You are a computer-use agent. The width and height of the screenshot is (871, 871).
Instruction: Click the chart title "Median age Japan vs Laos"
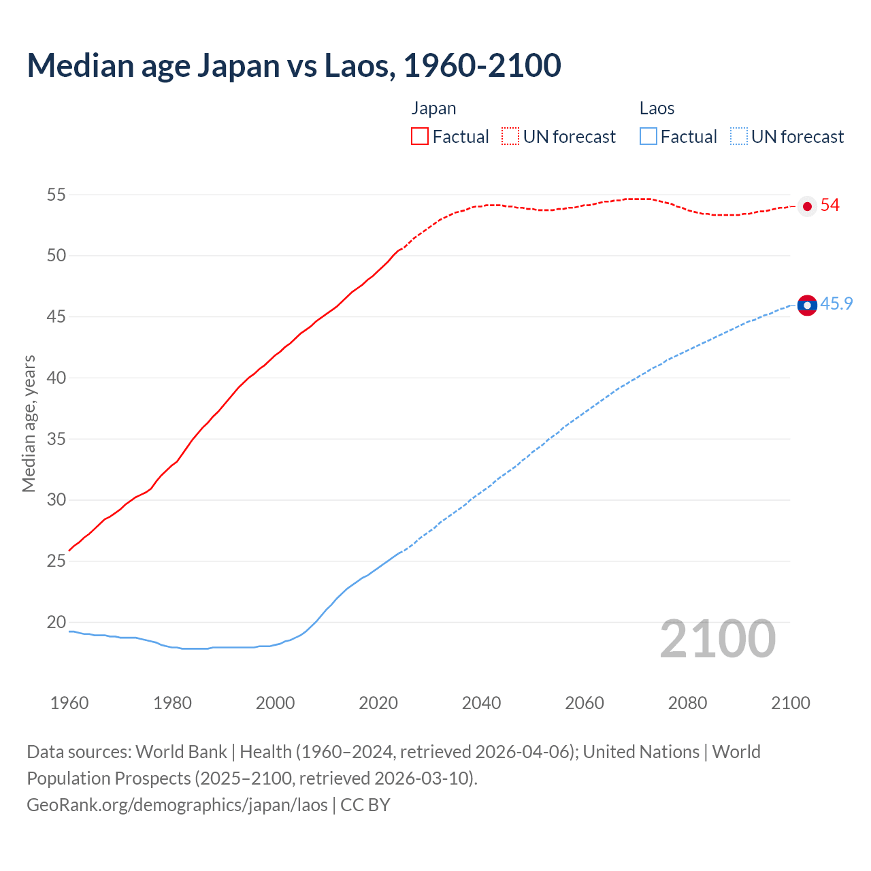click(x=293, y=65)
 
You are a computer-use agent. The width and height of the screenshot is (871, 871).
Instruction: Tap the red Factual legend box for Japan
click(x=420, y=136)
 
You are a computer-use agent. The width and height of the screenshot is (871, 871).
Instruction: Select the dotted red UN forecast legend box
click(x=510, y=136)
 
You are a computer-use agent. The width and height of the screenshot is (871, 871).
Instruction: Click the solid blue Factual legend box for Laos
click(x=648, y=136)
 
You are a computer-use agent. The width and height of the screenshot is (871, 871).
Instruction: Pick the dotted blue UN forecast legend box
click(x=738, y=136)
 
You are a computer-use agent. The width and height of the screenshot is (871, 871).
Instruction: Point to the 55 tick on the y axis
click(x=56, y=195)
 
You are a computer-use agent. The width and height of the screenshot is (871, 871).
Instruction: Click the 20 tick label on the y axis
click(x=56, y=622)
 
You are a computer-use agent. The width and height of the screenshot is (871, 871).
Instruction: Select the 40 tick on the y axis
click(x=56, y=378)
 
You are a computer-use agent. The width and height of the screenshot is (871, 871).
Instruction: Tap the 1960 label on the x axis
click(x=69, y=703)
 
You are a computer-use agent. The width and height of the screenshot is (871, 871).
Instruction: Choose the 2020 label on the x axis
click(x=378, y=703)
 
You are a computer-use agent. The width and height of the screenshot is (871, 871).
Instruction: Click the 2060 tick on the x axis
click(x=585, y=703)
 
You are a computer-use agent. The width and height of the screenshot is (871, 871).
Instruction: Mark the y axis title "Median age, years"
click(x=29, y=423)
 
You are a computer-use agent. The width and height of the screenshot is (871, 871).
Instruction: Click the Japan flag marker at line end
click(x=807, y=206)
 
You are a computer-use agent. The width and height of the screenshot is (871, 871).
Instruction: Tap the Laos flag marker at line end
click(x=807, y=306)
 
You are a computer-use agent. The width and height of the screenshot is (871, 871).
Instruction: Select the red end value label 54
click(x=830, y=206)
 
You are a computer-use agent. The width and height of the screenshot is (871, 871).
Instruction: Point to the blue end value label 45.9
click(x=836, y=303)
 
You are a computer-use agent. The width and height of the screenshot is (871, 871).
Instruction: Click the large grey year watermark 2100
click(x=718, y=639)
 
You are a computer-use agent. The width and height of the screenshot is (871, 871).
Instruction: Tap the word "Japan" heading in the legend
click(x=433, y=109)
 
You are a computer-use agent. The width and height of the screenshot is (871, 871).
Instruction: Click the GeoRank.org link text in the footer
click(x=177, y=805)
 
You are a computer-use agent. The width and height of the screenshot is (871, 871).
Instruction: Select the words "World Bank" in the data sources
click(x=181, y=752)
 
